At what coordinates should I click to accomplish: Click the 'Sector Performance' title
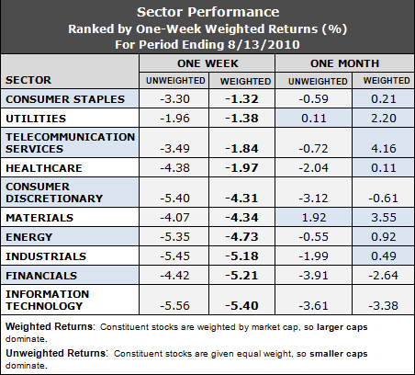pos(207,13)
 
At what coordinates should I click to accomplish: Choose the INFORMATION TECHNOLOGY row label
pos(48,300)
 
